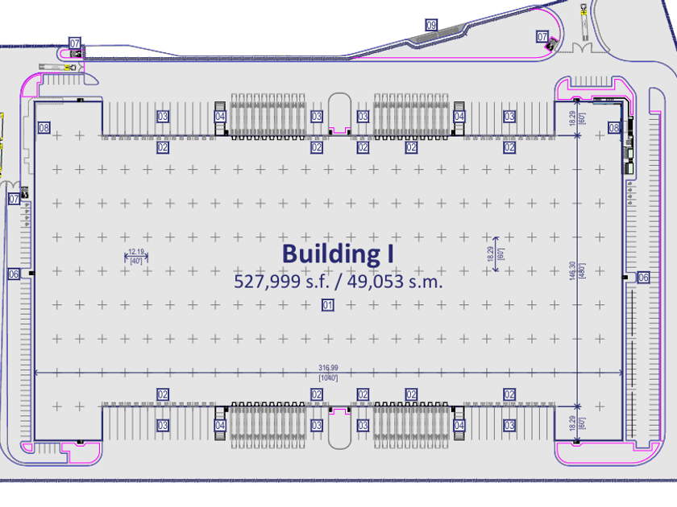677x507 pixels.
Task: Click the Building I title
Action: pyautogui.click(x=338, y=253)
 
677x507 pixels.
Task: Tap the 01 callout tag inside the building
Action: pyautogui.click(x=328, y=305)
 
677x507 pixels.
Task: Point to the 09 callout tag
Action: pyautogui.click(x=431, y=27)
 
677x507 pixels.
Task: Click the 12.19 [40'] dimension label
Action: pyautogui.click(x=135, y=256)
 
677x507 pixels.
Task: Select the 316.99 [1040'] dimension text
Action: pyautogui.click(x=327, y=373)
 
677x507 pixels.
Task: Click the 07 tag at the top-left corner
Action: pyautogui.click(x=75, y=43)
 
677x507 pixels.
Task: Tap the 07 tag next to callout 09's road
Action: pyautogui.click(x=542, y=37)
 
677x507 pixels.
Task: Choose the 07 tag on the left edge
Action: pyautogui.click(x=14, y=198)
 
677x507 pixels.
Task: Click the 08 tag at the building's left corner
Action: pyautogui.click(x=44, y=128)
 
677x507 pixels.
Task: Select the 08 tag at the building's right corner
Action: pyautogui.click(x=614, y=128)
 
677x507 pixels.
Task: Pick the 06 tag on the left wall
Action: pyautogui.click(x=14, y=274)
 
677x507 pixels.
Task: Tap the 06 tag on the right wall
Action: pyautogui.click(x=643, y=278)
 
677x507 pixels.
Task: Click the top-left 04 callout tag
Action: pyautogui.click(x=220, y=117)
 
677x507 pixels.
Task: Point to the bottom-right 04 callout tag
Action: pyautogui.click(x=459, y=426)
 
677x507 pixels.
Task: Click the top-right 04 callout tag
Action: pyautogui.click(x=459, y=117)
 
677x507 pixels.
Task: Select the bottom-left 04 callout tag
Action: pyautogui.click(x=220, y=426)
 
